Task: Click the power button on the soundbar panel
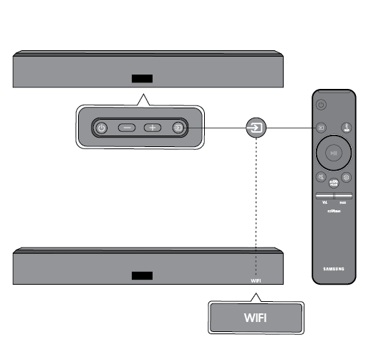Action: (102, 128)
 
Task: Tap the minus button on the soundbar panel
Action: (127, 128)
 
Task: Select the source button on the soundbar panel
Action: (178, 128)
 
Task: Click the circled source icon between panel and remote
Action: (256, 128)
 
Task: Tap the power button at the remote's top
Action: (322, 105)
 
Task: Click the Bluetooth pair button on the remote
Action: (345, 128)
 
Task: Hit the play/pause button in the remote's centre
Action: (333, 152)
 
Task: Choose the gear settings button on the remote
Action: (346, 176)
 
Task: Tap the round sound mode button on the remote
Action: (333, 184)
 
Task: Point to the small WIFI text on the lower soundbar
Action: (256, 280)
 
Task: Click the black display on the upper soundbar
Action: (141, 79)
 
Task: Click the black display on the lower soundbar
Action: (141, 275)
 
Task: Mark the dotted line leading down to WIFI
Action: (256, 208)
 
